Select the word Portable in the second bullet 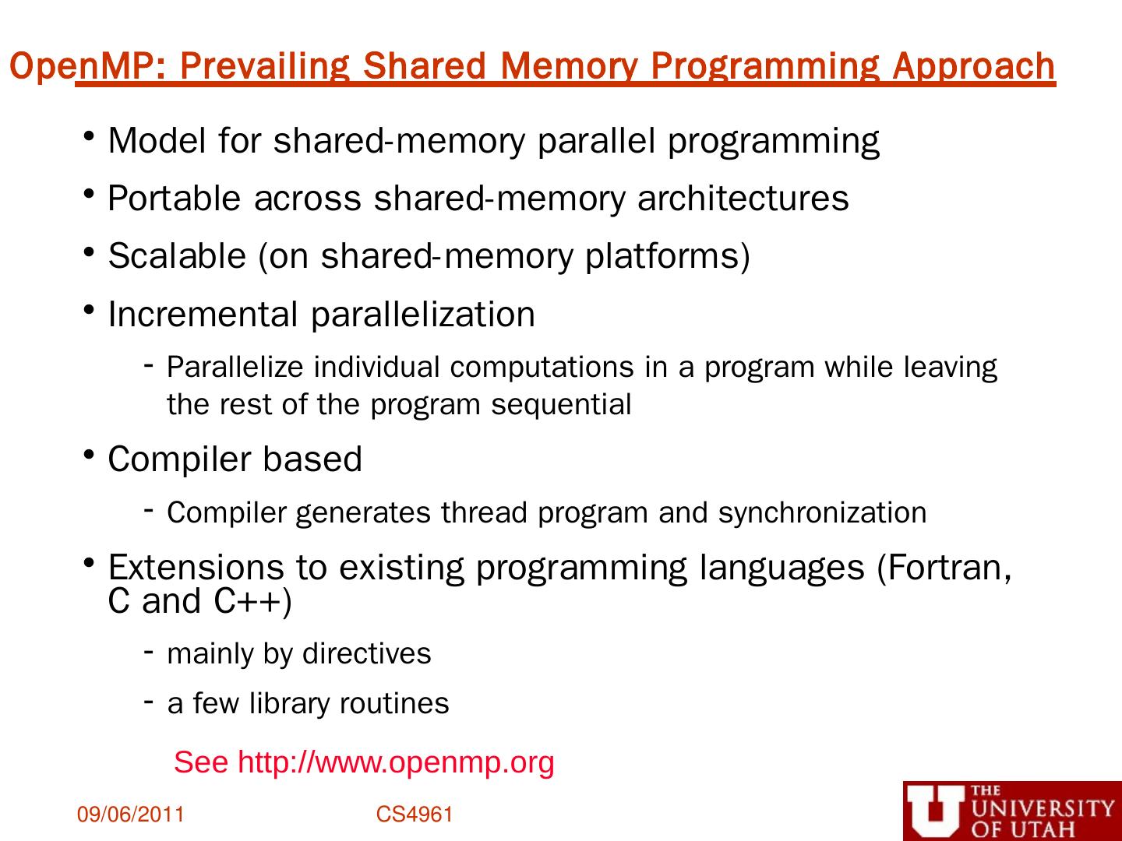[x=174, y=198]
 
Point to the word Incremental [x=203, y=315]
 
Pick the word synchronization [x=822, y=513]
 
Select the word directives [x=366, y=653]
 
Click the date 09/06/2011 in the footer [x=130, y=815]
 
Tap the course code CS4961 [x=415, y=815]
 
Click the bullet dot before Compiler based [x=90, y=455]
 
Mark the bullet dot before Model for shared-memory [x=90, y=136]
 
